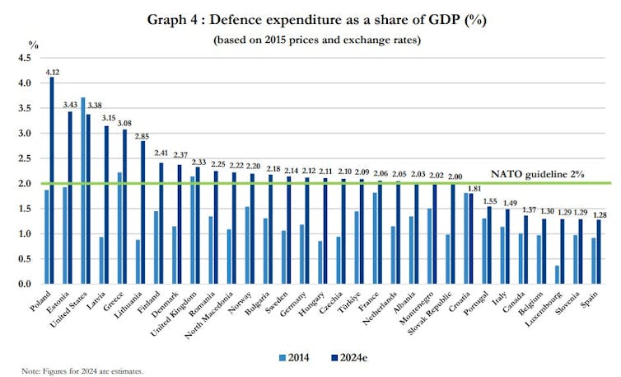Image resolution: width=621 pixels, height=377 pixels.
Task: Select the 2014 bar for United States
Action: [x=83, y=191]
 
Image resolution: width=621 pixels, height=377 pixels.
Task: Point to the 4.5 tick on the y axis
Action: [x=24, y=58]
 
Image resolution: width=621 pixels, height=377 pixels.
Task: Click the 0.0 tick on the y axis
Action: [x=24, y=284]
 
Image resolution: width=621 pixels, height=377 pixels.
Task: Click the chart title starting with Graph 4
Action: [x=310, y=19]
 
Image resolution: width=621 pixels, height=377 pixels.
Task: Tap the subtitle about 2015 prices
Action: [x=310, y=40]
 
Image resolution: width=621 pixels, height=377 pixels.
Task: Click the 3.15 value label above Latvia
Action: [x=106, y=118]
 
